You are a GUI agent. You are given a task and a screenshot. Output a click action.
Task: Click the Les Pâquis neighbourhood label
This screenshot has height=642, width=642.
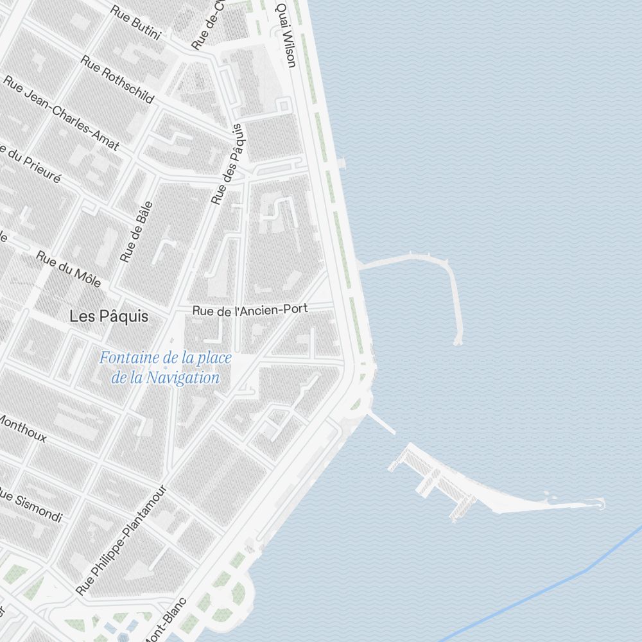[108, 317]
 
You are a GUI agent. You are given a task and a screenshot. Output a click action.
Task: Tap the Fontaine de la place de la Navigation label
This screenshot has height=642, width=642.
[166, 368]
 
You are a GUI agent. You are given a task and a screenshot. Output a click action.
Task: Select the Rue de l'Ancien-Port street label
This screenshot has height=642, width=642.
[250, 310]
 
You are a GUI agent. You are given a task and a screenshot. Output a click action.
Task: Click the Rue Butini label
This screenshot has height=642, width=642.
[135, 22]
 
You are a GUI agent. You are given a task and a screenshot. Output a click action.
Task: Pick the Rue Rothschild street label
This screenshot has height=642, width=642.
[117, 79]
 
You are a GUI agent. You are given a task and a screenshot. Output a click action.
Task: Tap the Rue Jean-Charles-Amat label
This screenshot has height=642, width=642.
[62, 113]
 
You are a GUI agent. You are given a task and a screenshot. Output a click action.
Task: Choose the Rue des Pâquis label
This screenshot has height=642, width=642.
[229, 164]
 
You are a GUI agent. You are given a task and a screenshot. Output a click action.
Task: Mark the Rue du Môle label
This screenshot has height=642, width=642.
[68, 268]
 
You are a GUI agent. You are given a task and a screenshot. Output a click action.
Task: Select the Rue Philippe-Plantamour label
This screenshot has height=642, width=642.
[122, 540]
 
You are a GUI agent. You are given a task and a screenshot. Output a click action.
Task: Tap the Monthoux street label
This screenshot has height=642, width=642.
[23, 428]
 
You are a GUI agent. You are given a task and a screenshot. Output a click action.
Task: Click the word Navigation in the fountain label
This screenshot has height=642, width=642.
[182, 378]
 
